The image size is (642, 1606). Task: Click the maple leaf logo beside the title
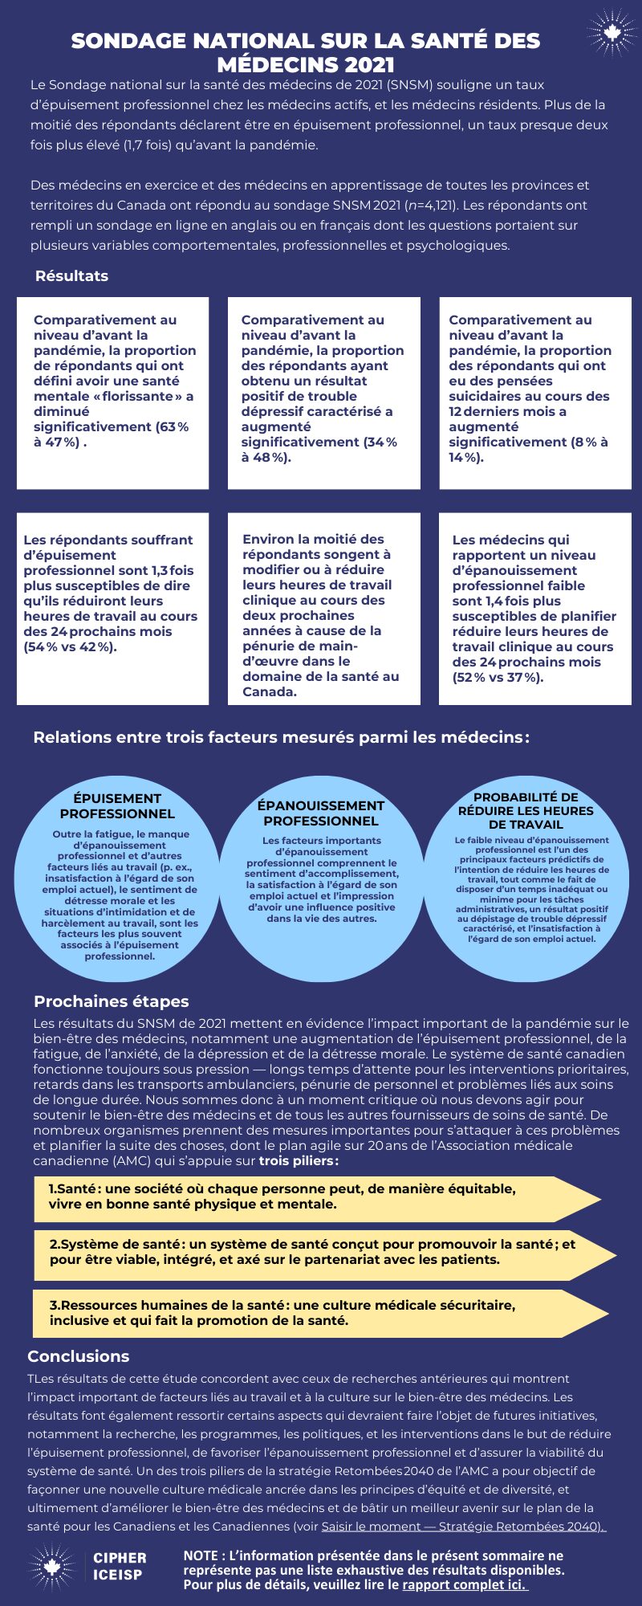click(612, 33)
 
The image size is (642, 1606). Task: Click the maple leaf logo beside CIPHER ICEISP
click(51, 1566)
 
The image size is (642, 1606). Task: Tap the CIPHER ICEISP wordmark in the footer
click(120, 1566)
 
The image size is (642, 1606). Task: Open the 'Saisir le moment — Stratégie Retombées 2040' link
click(464, 1526)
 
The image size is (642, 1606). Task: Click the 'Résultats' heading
click(71, 275)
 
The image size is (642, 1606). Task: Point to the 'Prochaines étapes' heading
click(111, 1001)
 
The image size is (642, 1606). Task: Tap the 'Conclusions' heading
click(78, 1356)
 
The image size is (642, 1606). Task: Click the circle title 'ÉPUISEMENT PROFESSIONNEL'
click(117, 805)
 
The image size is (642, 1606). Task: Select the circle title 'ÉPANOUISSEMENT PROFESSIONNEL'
click(321, 813)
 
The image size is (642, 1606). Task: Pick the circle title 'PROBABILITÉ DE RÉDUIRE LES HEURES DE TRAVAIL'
click(526, 810)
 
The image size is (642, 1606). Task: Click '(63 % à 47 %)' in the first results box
click(112, 434)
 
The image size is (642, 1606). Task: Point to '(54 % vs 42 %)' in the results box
click(71, 646)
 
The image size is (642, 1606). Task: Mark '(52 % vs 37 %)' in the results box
click(498, 677)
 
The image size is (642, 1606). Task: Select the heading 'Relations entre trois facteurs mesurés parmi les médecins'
click(281, 737)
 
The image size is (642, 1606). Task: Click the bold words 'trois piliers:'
click(299, 1160)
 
